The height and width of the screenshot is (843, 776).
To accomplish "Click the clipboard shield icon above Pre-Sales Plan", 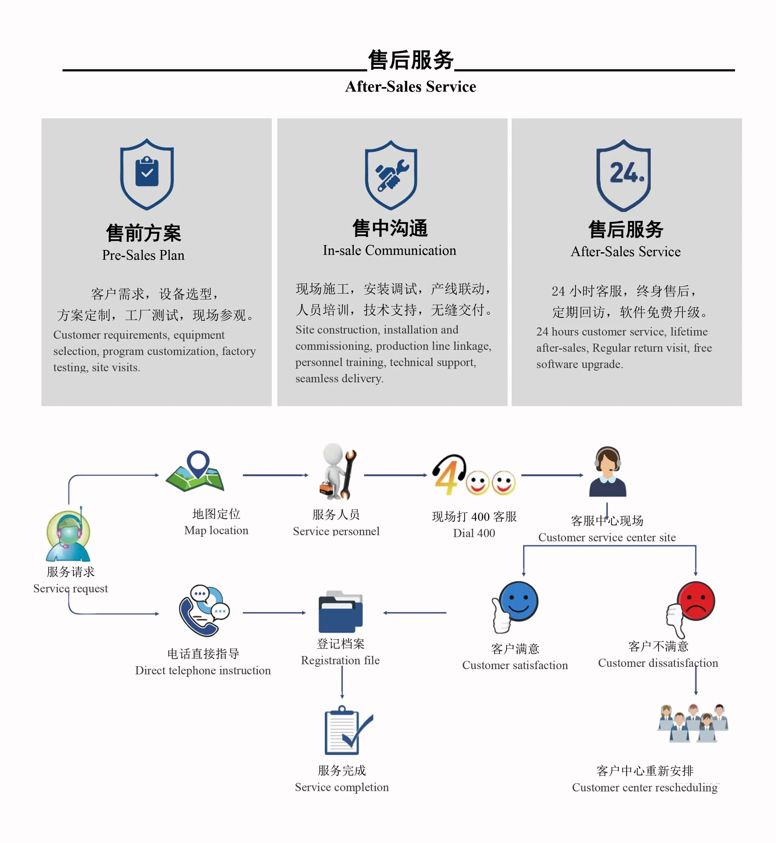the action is pos(147,174).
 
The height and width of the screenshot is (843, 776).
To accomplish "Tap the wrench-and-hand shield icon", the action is pos(391,175).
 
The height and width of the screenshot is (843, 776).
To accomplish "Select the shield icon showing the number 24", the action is pos(624,175).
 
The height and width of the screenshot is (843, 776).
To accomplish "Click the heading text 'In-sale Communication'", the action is pos(389,250).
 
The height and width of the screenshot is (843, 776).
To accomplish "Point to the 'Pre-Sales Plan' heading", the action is pos(143,255).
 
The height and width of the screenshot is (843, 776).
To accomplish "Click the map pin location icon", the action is pos(195,471).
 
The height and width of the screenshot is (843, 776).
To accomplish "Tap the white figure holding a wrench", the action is pos(338,471).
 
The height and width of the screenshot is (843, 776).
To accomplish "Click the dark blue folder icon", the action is pos(341,612).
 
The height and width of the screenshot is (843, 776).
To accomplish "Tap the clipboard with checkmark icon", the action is pos(348,730).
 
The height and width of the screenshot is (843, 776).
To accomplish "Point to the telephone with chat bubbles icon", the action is pos(204,610).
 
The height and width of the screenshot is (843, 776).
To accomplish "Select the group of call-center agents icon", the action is pos(693,723).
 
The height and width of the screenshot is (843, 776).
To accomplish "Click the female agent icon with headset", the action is pos(607,471).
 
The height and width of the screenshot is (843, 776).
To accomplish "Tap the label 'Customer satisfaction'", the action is pos(515,665).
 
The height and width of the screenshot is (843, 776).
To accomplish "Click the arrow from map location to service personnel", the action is pos(275,475).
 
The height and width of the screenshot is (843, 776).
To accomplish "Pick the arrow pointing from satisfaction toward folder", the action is pos(414,613).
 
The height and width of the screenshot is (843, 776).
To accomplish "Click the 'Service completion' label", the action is pos(342,787).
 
